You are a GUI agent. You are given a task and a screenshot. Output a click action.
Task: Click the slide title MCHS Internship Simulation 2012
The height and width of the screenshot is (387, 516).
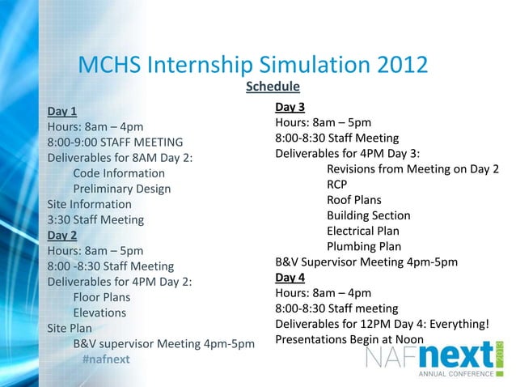252,65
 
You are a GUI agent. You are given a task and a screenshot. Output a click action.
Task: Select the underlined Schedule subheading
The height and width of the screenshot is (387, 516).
273,87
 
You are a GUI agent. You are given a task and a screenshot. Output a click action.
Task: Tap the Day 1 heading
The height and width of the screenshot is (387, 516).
62,111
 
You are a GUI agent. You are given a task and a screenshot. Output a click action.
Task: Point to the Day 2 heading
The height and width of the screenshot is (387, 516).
62,236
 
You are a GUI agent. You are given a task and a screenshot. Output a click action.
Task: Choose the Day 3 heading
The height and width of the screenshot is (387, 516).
290,107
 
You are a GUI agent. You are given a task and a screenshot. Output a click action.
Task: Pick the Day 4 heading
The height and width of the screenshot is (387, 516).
290,278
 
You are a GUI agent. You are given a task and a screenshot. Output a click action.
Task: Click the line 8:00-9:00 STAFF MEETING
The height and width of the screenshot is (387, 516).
115,142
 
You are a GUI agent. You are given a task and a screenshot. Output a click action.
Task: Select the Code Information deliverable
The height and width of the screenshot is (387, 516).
119,173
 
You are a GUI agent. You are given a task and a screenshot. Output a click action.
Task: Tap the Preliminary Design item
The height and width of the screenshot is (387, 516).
122,189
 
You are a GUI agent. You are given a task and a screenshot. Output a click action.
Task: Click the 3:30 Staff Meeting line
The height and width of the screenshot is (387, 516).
95,219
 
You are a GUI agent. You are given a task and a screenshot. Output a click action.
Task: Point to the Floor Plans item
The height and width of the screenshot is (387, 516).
102,297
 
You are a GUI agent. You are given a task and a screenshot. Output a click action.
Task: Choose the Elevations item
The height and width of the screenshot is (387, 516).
100,313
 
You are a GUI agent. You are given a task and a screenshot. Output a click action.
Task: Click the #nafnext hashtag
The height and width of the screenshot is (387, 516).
106,359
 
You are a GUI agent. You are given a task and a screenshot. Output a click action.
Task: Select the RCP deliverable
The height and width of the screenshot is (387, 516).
337,185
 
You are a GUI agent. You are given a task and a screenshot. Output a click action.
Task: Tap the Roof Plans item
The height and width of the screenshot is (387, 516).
354,200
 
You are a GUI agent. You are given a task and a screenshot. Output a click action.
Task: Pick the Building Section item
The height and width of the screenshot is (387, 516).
369,215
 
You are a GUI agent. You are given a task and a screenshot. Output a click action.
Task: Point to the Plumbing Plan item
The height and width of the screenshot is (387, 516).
364,246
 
